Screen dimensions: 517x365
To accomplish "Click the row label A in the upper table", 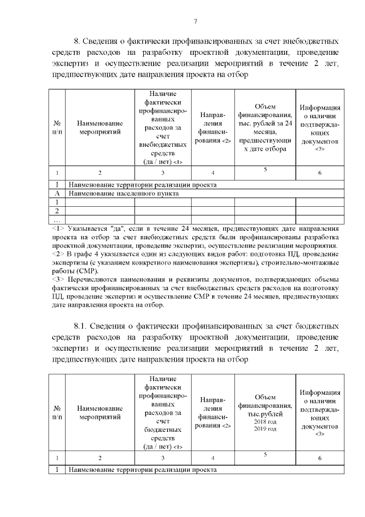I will tap(57, 193).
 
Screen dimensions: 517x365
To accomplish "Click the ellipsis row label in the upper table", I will tap(57, 219).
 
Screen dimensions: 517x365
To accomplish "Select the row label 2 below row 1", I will tap(57, 210).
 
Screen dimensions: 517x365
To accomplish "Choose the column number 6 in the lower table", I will tap(320, 458).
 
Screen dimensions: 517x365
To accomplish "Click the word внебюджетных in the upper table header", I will tap(163, 145).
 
